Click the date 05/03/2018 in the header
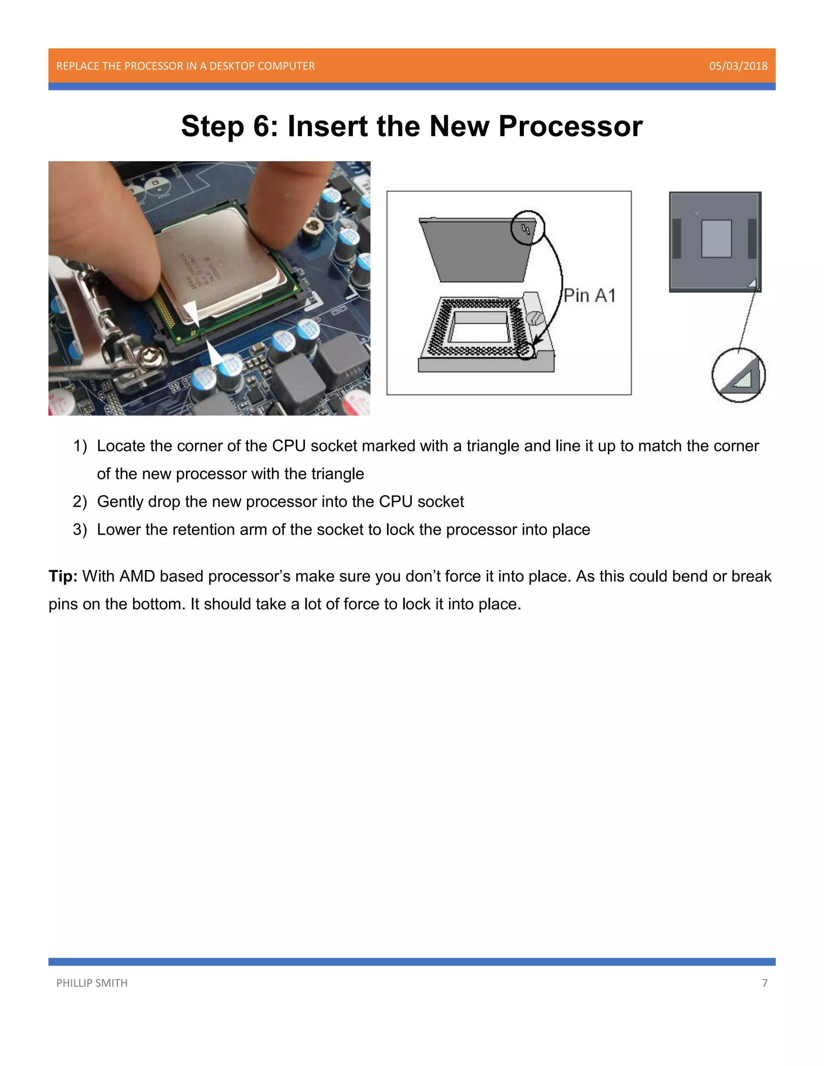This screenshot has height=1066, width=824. (737, 66)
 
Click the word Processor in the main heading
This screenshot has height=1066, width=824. (570, 126)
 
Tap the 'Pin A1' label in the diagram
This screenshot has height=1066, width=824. (590, 295)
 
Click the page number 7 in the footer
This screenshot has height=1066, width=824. (764, 983)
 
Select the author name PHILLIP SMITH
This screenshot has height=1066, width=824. (92, 983)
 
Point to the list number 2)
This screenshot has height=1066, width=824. (80, 502)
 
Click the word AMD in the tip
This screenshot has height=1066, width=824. (137, 576)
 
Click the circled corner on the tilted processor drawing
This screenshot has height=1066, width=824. (527, 227)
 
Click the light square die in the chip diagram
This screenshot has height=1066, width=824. (716, 239)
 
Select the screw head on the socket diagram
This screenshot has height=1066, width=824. (536, 319)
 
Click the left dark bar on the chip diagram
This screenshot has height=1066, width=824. (677, 239)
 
